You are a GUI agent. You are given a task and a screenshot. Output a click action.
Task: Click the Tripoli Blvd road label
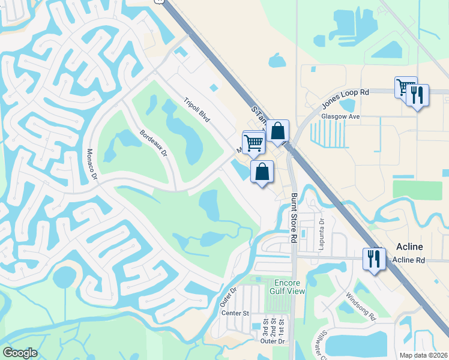[197, 110]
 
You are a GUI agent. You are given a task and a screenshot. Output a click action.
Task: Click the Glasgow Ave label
[340, 116]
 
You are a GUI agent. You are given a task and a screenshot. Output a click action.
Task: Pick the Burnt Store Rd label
[294, 217]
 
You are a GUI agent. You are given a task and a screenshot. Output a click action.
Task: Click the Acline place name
[410, 247]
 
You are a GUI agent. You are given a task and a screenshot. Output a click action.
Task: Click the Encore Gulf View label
[290, 287]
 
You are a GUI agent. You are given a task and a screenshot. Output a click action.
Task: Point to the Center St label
[235, 313]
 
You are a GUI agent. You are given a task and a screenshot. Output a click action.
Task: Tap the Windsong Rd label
[360, 306]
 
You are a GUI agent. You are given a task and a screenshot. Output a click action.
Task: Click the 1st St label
[282, 328]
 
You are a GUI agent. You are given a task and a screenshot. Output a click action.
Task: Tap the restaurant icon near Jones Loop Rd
[417, 94]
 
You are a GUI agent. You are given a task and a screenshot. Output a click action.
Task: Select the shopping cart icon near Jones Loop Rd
[406, 86]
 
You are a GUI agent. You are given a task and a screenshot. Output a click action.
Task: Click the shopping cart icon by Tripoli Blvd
[255, 143]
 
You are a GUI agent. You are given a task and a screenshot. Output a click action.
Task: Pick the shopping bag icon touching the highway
[278, 130]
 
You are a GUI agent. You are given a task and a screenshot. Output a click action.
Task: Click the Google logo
[20, 353]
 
